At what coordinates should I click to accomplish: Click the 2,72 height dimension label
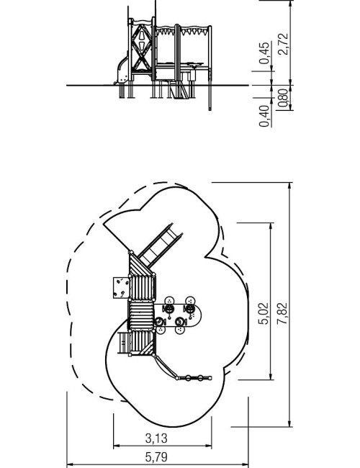pos(283,44)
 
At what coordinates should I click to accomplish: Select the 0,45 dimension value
pos(264,53)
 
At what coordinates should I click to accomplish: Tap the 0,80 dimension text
pos(284,98)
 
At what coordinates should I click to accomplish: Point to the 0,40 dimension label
pos(264,116)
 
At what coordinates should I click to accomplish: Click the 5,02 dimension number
pos(264,314)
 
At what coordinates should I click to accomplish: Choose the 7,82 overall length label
pos(282,313)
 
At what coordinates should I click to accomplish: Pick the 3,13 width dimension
pos(156,438)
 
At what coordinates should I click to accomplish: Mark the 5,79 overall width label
pos(156,457)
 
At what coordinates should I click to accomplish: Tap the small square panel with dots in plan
pos(121,287)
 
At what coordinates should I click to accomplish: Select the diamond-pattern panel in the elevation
pos(142,48)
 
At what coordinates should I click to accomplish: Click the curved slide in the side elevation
pos(122,69)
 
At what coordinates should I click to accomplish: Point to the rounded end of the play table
pos(197,315)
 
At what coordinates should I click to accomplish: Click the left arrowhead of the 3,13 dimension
pos(116,446)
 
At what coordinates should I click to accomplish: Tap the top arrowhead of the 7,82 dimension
pos(289,185)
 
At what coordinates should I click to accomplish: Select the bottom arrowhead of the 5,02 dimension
pos(271,377)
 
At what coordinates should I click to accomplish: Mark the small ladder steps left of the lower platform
pos(122,343)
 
